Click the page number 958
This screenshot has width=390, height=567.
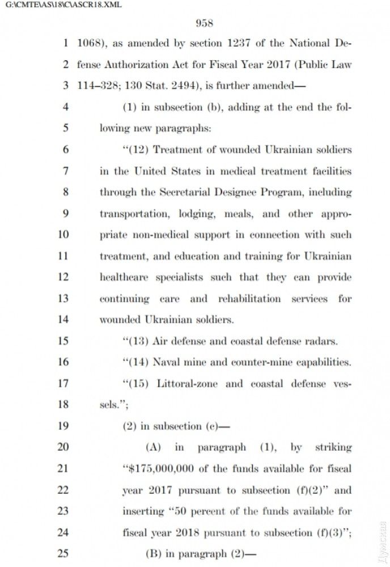(204, 23)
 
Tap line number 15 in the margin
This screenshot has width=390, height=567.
(63, 341)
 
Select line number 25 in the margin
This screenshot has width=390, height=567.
(63, 553)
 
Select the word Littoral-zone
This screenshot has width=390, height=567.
(189, 383)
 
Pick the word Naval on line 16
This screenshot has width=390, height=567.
(168, 362)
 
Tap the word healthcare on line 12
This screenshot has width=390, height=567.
(125, 277)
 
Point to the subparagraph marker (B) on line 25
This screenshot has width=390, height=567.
(153, 553)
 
